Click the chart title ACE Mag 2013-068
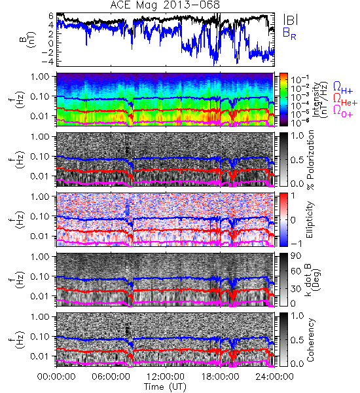coord(165,5)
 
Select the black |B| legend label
coord(291,20)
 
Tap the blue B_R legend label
coord(289,33)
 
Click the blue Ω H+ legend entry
coord(343,88)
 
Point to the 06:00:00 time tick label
coord(111,377)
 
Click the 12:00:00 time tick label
coord(166,377)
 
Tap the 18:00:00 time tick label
coord(220,377)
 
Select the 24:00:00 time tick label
coord(274,377)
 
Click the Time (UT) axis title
coord(165,387)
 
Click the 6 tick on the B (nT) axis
coord(51,16)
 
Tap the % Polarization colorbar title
coord(310,160)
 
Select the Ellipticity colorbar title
coord(310,219)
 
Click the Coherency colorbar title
coord(310,340)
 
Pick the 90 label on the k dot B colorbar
coord(296,256)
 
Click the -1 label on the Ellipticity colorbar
coord(296,243)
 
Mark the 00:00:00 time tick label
coord(56,377)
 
